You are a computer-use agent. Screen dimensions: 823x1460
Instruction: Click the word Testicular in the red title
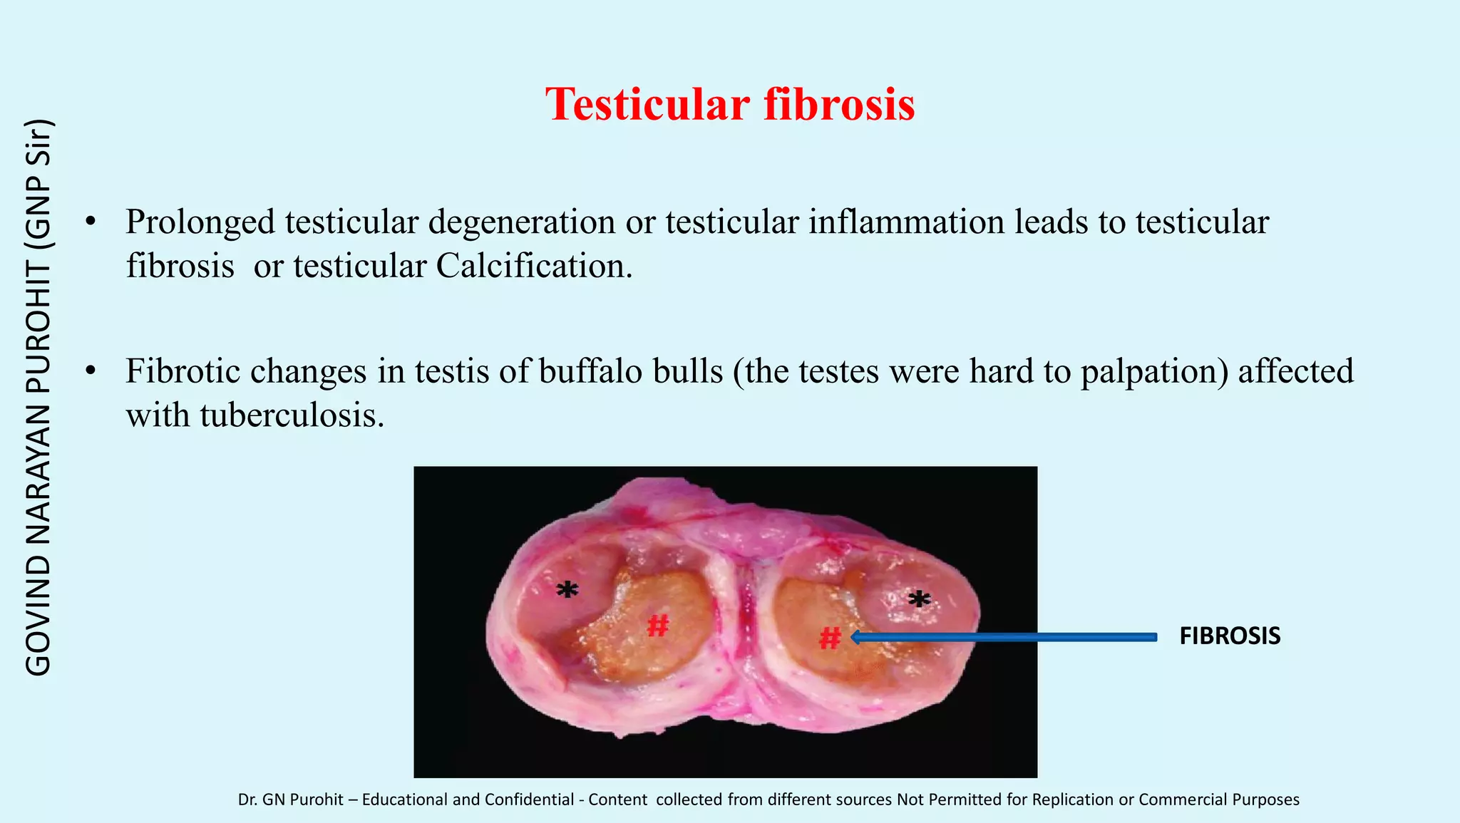point(647,105)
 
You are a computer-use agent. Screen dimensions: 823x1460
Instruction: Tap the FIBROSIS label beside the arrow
point(1230,636)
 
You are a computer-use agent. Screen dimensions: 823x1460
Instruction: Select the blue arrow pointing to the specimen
point(1005,637)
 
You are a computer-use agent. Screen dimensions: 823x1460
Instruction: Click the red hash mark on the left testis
point(657,626)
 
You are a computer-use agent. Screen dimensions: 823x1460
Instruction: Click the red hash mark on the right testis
point(830,638)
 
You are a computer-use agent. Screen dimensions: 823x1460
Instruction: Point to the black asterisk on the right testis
point(919,600)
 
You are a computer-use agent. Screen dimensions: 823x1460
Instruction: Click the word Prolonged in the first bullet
point(200,222)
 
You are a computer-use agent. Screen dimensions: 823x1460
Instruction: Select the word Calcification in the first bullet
point(533,266)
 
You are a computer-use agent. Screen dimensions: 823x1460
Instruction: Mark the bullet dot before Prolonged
point(90,222)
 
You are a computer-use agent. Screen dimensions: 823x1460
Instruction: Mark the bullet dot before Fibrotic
point(90,371)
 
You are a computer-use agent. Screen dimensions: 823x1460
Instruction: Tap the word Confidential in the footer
point(529,799)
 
